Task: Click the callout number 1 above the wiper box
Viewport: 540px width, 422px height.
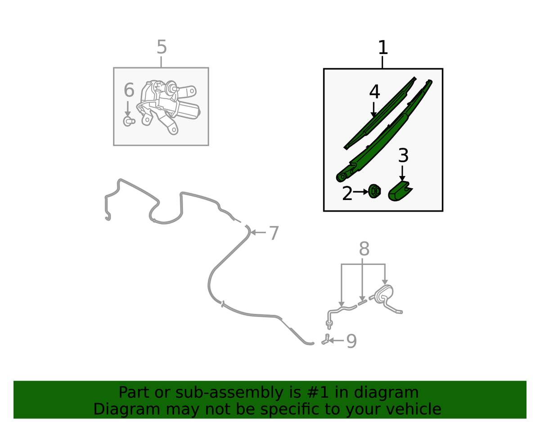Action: [x=382, y=47]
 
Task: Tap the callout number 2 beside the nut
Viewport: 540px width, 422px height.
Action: [x=347, y=193]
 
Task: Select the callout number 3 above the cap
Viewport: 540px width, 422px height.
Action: [x=403, y=155]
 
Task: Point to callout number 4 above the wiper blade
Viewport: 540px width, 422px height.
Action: [x=374, y=92]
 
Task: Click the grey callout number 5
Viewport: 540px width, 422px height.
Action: [x=162, y=47]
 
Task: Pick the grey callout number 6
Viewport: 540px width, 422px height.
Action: [x=129, y=90]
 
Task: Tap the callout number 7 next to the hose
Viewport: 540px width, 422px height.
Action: [x=274, y=233]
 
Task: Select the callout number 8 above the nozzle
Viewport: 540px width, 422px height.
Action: [x=364, y=249]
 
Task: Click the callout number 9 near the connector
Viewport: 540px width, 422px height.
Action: [x=351, y=341]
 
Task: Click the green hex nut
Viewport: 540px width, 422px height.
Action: [x=374, y=191]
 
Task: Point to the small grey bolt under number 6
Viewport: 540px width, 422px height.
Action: [x=129, y=121]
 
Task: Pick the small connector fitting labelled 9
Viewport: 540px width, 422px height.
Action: [x=325, y=339]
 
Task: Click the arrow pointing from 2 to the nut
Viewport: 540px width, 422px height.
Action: [x=360, y=192]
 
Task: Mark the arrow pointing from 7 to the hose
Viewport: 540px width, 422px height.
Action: [x=258, y=232]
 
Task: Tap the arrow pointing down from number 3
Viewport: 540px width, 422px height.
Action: [x=402, y=173]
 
